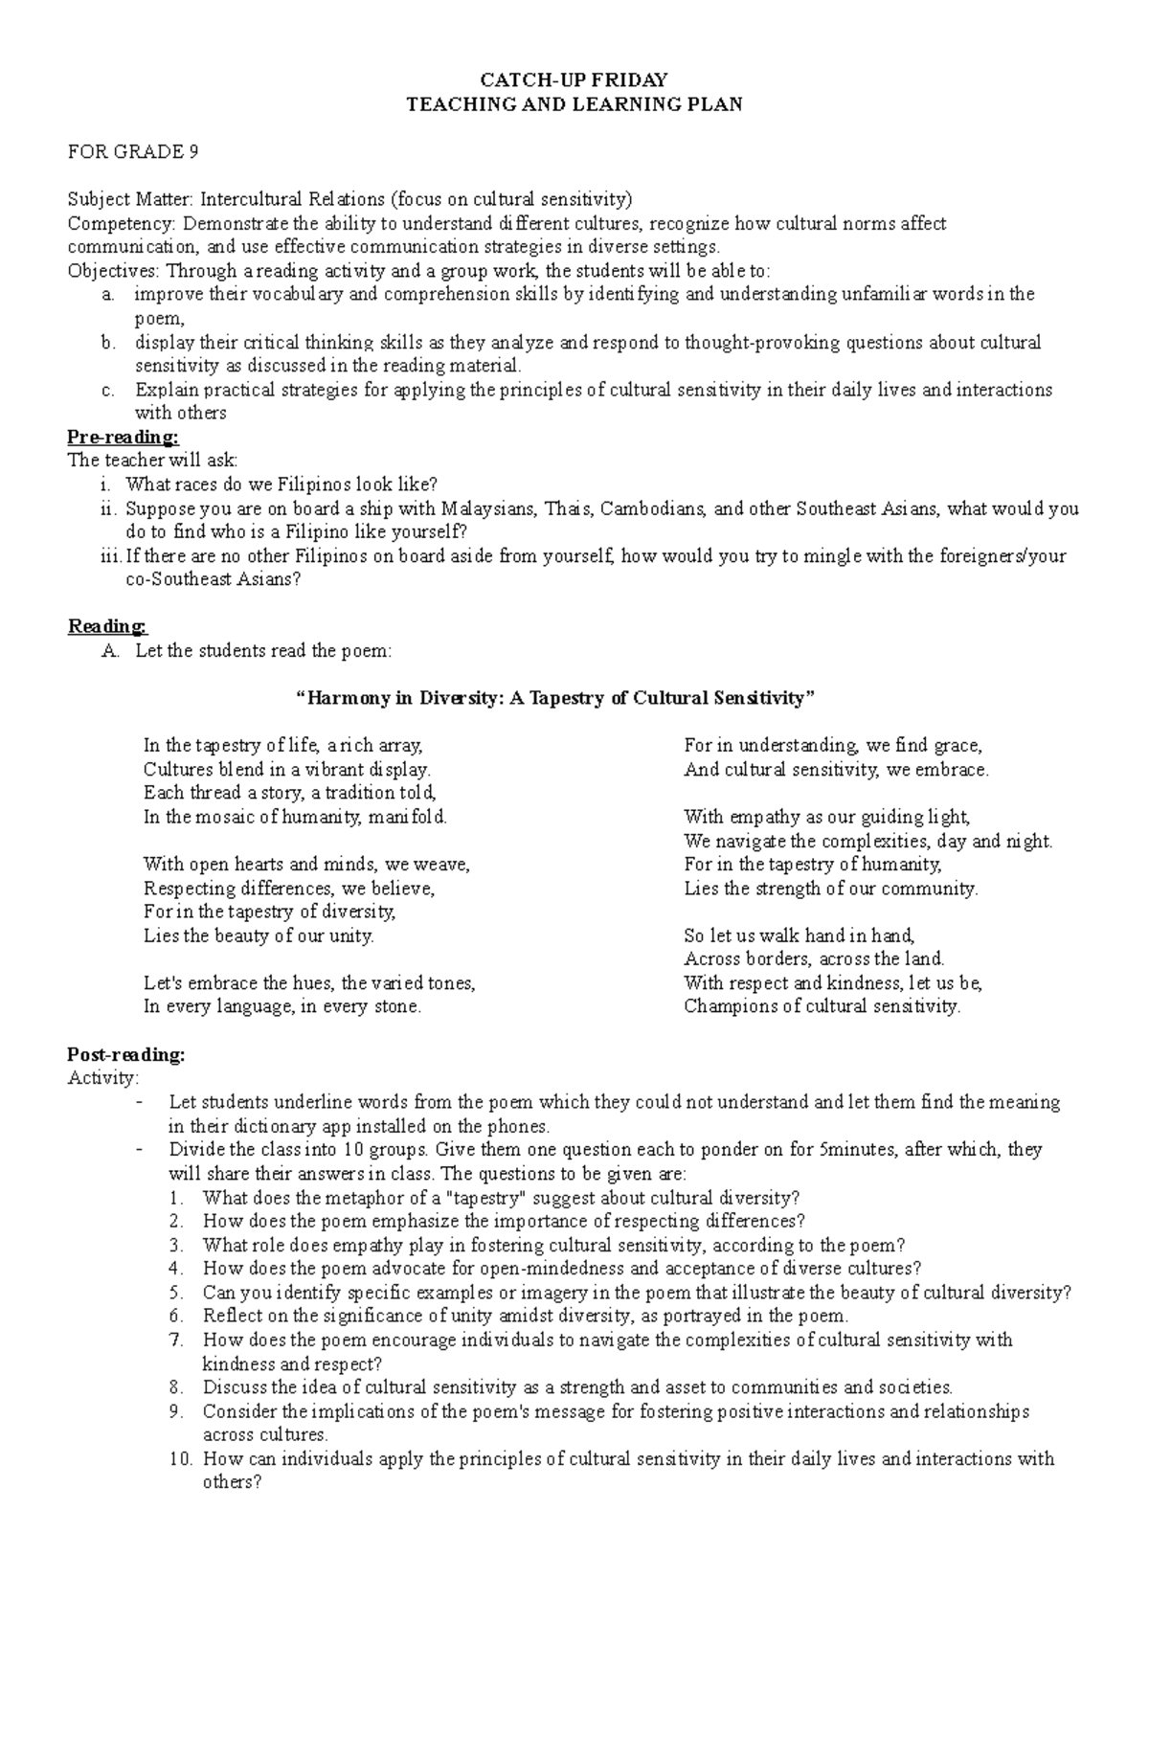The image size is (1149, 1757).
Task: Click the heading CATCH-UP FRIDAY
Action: (574, 79)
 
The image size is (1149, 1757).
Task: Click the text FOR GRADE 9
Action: (132, 151)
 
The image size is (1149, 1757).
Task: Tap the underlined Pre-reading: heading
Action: (123, 438)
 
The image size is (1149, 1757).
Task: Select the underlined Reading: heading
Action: (107, 626)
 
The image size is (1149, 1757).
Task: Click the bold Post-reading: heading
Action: (125, 1054)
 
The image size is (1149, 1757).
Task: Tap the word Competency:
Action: (122, 224)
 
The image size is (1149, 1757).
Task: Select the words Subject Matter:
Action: (130, 199)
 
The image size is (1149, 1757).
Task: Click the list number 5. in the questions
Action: (174, 1293)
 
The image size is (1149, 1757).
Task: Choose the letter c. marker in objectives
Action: (108, 390)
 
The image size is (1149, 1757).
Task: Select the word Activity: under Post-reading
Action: (102, 1078)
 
